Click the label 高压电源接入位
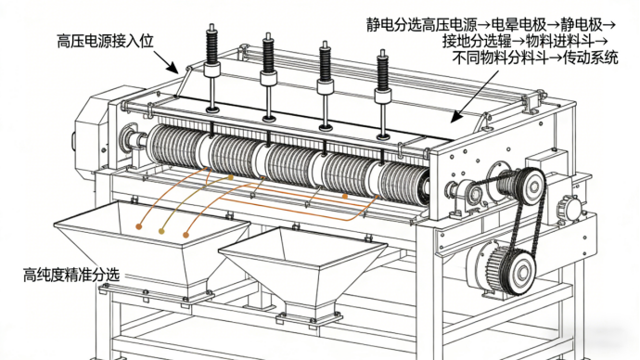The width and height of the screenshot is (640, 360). (x=106, y=41)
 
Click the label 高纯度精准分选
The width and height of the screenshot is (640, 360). (x=71, y=275)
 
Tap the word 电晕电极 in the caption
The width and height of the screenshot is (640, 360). (x=518, y=25)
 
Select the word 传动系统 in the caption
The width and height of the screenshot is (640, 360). (x=591, y=58)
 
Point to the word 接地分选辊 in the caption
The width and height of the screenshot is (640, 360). (x=477, y=41)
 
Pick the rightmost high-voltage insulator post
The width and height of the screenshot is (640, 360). (x=383, y=95)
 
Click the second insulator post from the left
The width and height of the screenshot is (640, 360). (x=269, y=77)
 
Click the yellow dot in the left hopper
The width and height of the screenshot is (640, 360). (x=161, y=231)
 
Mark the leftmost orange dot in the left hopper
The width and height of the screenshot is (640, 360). (x=139, y=226)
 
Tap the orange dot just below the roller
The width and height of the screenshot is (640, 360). (x=345, y=197)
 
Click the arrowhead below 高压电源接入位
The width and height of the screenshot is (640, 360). (x=173, y=68)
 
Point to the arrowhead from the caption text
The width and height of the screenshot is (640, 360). (x=456, y=116)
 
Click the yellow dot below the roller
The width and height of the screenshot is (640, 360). (x=231, y=177)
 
